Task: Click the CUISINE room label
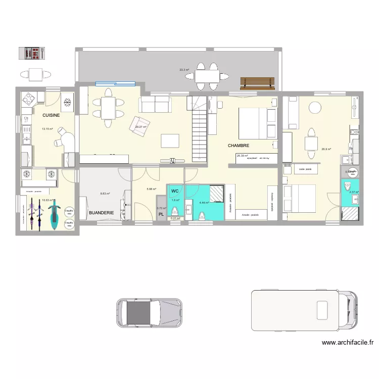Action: [51, 115]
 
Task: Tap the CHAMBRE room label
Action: [239, 146]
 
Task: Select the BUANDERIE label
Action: [101, 213]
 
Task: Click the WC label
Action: [175, 191]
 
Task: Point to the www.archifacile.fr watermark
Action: [348, 343]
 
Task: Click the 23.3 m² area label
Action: [184, 70]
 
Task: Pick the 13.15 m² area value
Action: [47, 129]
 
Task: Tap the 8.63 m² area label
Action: [105, 194]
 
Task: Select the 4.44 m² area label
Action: [204, 203]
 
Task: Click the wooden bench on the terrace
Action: [258, 82]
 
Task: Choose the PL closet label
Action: [161, 215]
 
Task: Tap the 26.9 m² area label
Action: [326, 149]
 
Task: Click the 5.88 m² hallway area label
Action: [151, 189]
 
